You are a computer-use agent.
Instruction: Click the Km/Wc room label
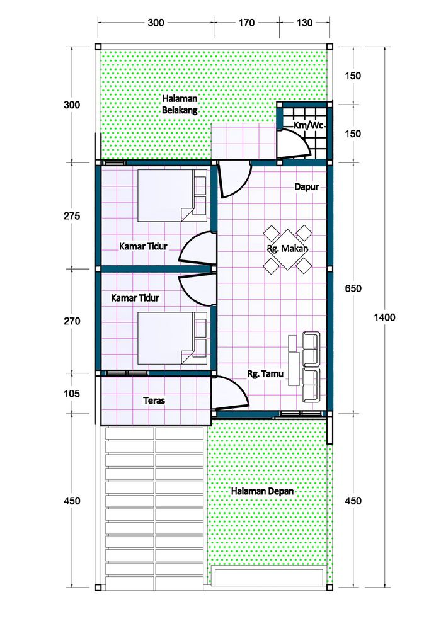pyautogui.click(x=308, y=125)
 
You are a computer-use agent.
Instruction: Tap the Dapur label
pyautogui.click(x=306, y=186)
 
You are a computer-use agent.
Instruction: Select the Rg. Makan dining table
pyautogui.click(x=288, y=249)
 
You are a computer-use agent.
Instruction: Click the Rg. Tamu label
pyautogui.click(x=265, y=373)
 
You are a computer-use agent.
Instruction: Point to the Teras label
pyautogui.click(x=154, y=400)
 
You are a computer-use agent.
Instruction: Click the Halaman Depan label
pyautogui.click(x=263, y=491)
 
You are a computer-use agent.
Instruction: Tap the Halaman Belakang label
pyautogui.click(x=180, y=104)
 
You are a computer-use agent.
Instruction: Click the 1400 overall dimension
pyautogui.click(x=384, y=317)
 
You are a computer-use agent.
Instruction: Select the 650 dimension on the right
pyautogui.click(x=353, y=288)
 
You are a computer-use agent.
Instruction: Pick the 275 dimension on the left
pyautogui.click(x=72, y=216)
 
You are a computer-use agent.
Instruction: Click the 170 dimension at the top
pyautogui.click(x=246, y=23)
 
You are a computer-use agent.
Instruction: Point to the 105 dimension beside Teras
pyautogui.click(x=72, y=393)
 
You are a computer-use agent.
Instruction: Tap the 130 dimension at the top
pyautogui.click(x=304, y=23)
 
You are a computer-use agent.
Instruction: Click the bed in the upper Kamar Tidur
pyautogui.click(x=172, y=196)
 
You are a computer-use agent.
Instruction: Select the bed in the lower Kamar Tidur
pyautogui.click(x=172, y=338)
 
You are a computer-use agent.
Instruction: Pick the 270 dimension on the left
pyautogui.click(x=72, y=321)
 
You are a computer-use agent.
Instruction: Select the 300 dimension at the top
pyautogui.click(x=156, y=23)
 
